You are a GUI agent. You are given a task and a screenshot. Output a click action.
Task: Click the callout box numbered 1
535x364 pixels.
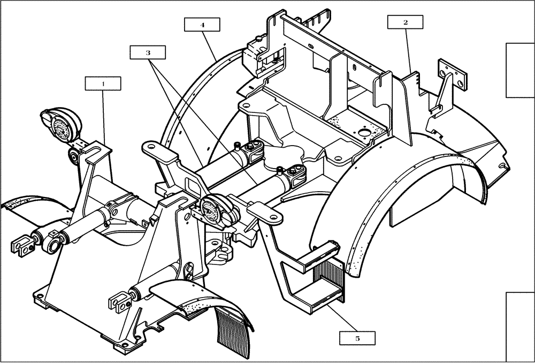click(103, 84)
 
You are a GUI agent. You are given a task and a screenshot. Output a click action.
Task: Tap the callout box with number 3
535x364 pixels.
click(147, 52)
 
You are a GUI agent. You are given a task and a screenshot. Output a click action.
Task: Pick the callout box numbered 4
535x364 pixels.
click(202, 25)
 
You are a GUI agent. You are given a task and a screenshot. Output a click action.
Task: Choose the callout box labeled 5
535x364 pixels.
click(357, 338)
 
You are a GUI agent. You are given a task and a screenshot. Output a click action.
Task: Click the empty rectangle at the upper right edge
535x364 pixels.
click(520, 70)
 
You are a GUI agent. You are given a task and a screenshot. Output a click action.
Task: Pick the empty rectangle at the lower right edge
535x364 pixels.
click(520, 327)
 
